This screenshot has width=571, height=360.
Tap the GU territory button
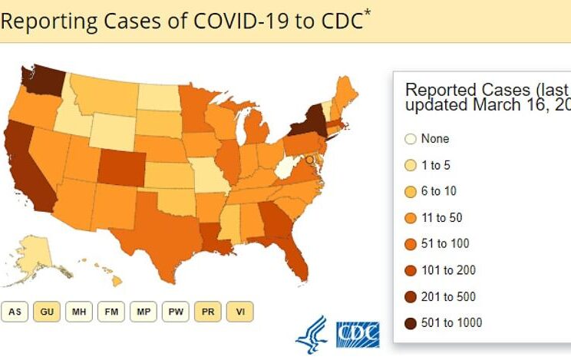click(x=46, y=312)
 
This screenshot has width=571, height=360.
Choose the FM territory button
click(x=111, y=312)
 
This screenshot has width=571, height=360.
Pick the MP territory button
click(x=143, y=312)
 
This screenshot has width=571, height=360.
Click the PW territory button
click(x=175, y=312)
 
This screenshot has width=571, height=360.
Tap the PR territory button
click(x=207, y=312)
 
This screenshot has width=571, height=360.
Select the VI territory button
click(x=240, y=312)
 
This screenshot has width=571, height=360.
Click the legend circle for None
click(x=410, y=139)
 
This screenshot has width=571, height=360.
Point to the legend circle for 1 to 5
click(x=410, y=165)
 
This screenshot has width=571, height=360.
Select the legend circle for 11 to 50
click(x=410, y=217)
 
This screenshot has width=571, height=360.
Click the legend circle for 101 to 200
click(x=410, y=270)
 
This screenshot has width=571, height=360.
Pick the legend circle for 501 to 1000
click(x=410, y=322)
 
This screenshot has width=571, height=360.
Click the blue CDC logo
click(x=358, y=333)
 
